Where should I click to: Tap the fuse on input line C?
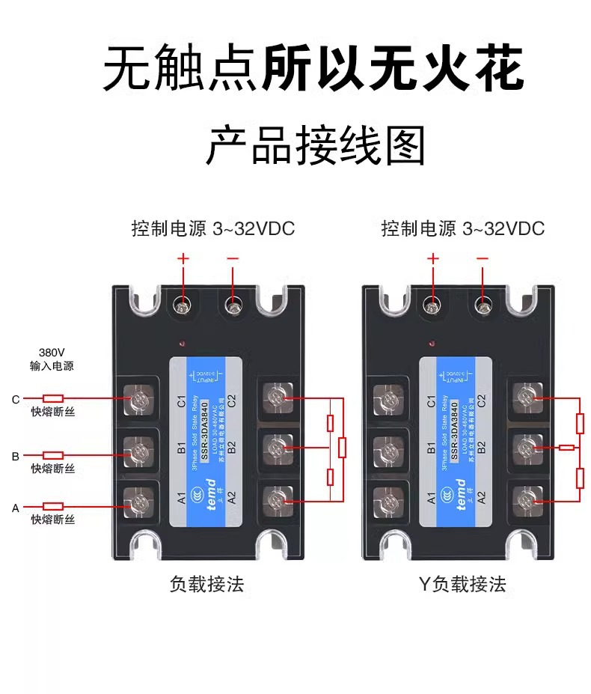53,398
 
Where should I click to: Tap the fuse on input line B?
53,454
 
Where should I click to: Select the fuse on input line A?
53,506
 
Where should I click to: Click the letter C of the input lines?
15,399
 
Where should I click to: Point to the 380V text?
52,352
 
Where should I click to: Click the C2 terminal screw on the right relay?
528,397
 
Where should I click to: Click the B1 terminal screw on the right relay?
388,449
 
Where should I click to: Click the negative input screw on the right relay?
483,305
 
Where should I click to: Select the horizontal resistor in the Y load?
567,448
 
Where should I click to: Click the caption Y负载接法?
462,584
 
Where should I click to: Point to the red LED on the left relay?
181,344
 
